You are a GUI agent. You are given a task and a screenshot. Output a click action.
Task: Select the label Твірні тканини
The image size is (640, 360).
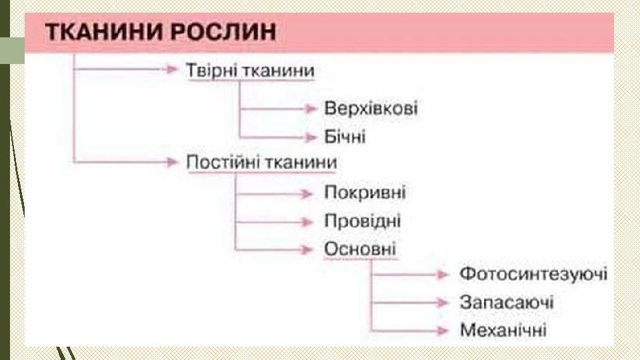(250, 70)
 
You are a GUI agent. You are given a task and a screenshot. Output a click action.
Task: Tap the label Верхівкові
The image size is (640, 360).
(371, 109)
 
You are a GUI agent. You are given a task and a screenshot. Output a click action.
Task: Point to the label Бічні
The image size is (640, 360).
(345, 137)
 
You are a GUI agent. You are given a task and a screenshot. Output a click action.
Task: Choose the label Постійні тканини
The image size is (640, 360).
(261, 163)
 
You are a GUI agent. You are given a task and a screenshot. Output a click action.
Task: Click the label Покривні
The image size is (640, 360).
(365, 193)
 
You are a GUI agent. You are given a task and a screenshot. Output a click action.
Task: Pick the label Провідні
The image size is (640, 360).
(363, 221)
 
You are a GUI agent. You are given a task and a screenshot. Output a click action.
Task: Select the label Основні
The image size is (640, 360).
(360, 249)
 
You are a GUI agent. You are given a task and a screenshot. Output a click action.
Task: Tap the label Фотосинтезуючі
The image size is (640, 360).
(533, 274)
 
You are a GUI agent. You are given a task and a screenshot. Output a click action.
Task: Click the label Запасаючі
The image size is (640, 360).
(507, 302)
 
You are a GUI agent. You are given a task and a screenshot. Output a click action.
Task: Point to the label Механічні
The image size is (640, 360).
(503, 329)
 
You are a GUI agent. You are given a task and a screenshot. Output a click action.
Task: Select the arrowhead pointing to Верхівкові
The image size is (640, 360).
(311, 109)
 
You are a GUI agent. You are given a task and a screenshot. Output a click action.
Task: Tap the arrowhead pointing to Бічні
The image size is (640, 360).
(311, 137)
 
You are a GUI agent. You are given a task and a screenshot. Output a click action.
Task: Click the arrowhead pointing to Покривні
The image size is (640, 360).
(307, 194)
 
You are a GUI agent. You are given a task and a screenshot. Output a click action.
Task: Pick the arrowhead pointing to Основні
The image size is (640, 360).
(307, 249)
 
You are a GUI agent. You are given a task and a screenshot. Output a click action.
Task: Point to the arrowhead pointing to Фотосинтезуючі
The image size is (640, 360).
(443, 275)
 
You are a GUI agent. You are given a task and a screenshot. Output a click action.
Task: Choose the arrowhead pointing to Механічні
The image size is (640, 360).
(443, 329)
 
